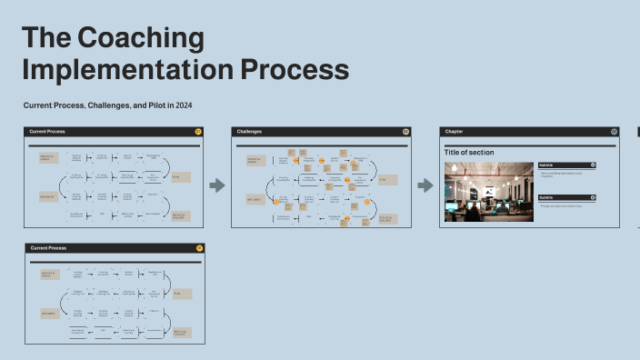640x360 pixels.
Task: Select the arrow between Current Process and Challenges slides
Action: [x=217, y=185]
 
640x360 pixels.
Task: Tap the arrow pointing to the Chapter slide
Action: [x=425, y=185]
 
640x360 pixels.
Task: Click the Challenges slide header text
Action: [x=251, y=132]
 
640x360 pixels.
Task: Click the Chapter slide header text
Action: [x=454, y=132]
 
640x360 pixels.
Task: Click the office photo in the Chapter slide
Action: [x=488, y=192]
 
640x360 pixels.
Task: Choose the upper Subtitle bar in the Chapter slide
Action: [x=566, y=165]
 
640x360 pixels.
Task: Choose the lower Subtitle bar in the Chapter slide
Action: [x=566, y=197]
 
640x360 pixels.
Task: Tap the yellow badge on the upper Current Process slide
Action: [x=198, y=132]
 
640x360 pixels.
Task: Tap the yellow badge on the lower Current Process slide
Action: [x=198, y=247]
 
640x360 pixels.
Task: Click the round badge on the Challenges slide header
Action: [x=405, y=132]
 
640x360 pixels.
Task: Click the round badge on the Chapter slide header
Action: [x=614, y=132]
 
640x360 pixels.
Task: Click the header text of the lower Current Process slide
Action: [x=48, y=247]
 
